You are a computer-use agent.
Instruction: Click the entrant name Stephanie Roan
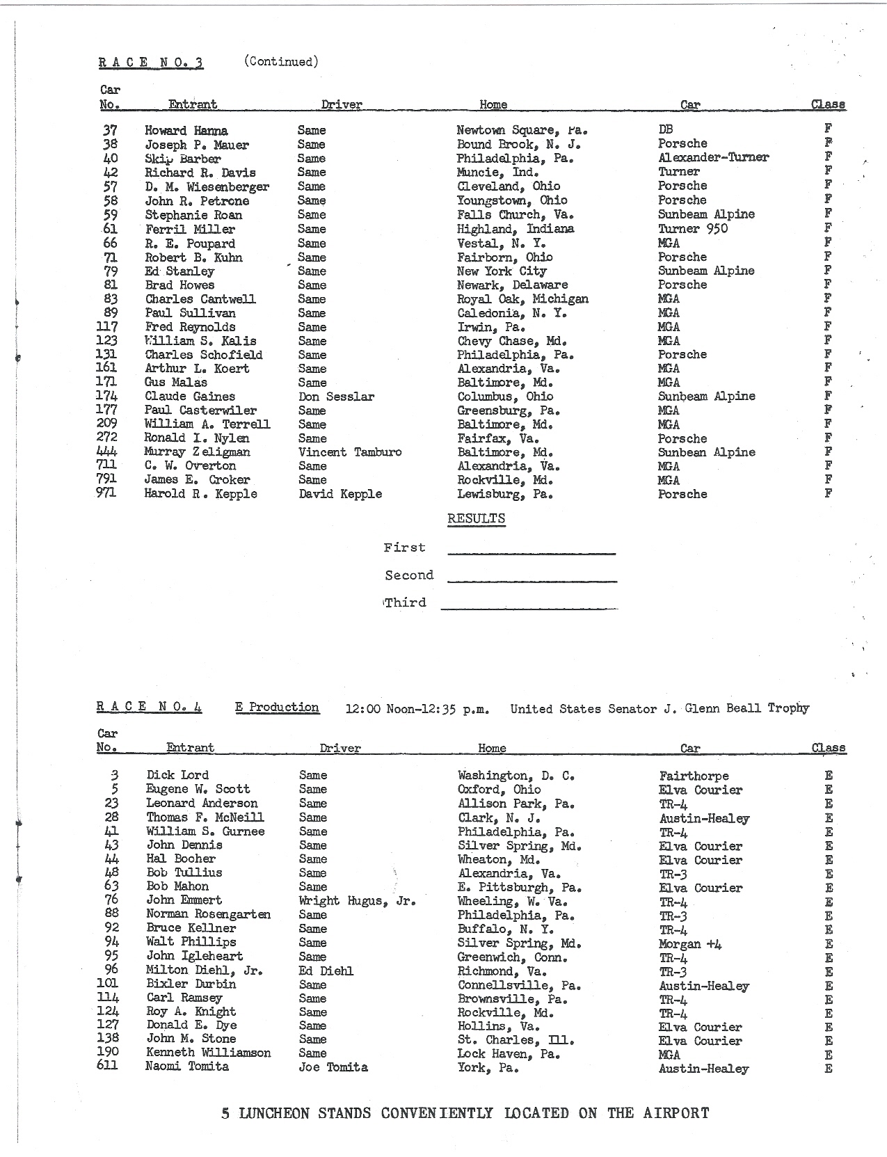click(x=193, y=215)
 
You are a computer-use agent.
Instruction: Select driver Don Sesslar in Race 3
click(x=336, y=397)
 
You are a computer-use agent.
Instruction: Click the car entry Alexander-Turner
click(x=713, y=158)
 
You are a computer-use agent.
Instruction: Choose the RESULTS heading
click(x=476, y=518)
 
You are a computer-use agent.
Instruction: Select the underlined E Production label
click(x=277, y=708)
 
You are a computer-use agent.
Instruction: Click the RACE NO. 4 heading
click(x=149, y=708)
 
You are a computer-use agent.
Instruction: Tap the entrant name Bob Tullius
click(x=184, y=872)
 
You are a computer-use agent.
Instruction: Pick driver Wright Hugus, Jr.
click(x=357, y=901)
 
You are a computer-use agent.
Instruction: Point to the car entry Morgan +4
click(x=690, y=944)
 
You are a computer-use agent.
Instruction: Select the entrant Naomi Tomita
click(x=187, y=1067)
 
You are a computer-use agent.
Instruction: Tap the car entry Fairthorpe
click(x=694, y=776)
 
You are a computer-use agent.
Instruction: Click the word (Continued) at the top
click(x=281, y=62)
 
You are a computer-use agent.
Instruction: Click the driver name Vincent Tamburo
click(x=350, y=452)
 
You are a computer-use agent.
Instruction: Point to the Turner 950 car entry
click(x=693, y=229)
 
